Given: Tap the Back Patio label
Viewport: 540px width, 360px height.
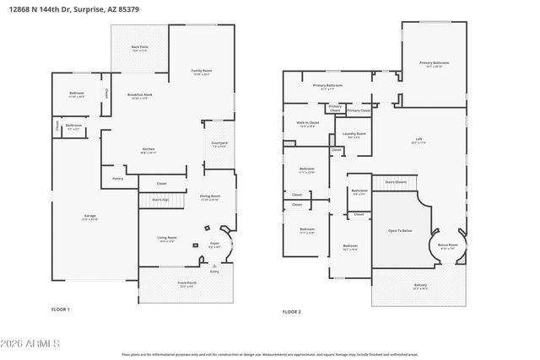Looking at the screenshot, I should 140,48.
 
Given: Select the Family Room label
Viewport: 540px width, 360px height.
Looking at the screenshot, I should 201,71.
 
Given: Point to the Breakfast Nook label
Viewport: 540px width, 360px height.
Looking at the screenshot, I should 140,95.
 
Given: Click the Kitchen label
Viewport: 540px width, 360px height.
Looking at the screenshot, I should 148,150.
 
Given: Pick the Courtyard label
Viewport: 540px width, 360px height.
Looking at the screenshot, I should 219,143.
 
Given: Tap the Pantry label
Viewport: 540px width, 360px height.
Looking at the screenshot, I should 118,178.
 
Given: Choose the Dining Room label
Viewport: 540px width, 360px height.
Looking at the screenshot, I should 209,196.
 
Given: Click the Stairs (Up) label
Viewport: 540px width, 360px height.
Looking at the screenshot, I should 159,199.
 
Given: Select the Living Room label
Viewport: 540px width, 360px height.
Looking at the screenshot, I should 167,239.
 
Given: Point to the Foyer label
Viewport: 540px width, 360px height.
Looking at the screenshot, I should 215,244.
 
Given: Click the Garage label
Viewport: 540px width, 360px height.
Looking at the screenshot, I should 89,216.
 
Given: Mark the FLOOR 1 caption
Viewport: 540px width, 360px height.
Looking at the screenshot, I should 61,309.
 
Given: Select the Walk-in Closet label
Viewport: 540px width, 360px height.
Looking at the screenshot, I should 309,123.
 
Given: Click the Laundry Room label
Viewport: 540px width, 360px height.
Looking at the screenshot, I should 354,134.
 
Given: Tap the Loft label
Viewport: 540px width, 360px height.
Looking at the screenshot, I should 418,140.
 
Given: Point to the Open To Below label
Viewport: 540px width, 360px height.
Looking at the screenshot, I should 400,230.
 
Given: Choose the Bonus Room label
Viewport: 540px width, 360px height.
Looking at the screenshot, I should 447,245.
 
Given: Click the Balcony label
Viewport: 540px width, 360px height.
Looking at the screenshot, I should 420,285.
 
